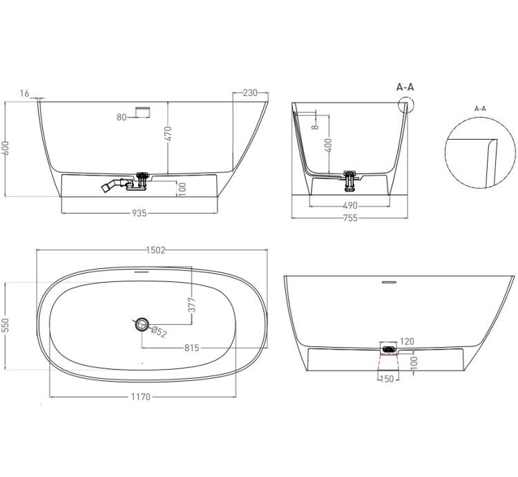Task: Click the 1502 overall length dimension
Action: click(155, 250)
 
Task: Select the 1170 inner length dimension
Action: click(141, 396)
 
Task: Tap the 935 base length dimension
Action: click(139, 213)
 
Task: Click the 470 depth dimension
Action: click(168, 133)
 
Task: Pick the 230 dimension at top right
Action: click(250, 93)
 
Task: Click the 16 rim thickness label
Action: click(24, 93)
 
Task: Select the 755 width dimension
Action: click(350, 218)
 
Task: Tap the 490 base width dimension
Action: click(350, 205)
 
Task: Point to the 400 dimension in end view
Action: click(328, 145)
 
